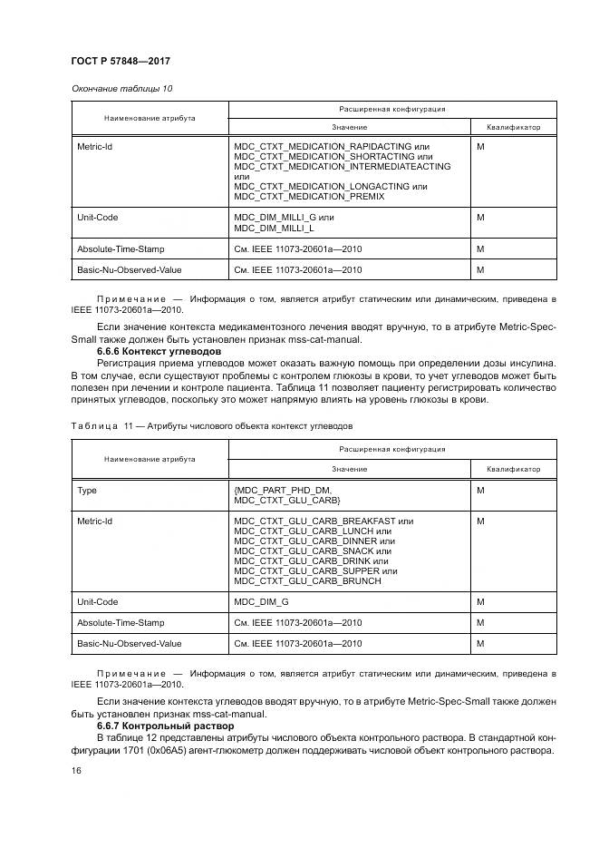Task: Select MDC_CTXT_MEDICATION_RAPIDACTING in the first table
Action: tap(323, 146)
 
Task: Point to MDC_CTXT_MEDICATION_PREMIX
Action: tap(309, 196)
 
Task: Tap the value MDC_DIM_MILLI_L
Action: tap(275, 228)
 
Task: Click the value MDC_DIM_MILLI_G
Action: tap(275, 218)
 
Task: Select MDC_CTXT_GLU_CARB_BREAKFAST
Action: tap(314, 521)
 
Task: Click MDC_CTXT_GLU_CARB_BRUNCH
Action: tap(307, 580)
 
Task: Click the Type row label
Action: tap(87, 490)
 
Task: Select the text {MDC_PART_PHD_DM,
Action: tap(279, 490)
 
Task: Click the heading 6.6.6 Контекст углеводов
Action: tap(155, 350)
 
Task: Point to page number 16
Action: tap(76, 770)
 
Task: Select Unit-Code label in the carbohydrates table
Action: tap(98, 601)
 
